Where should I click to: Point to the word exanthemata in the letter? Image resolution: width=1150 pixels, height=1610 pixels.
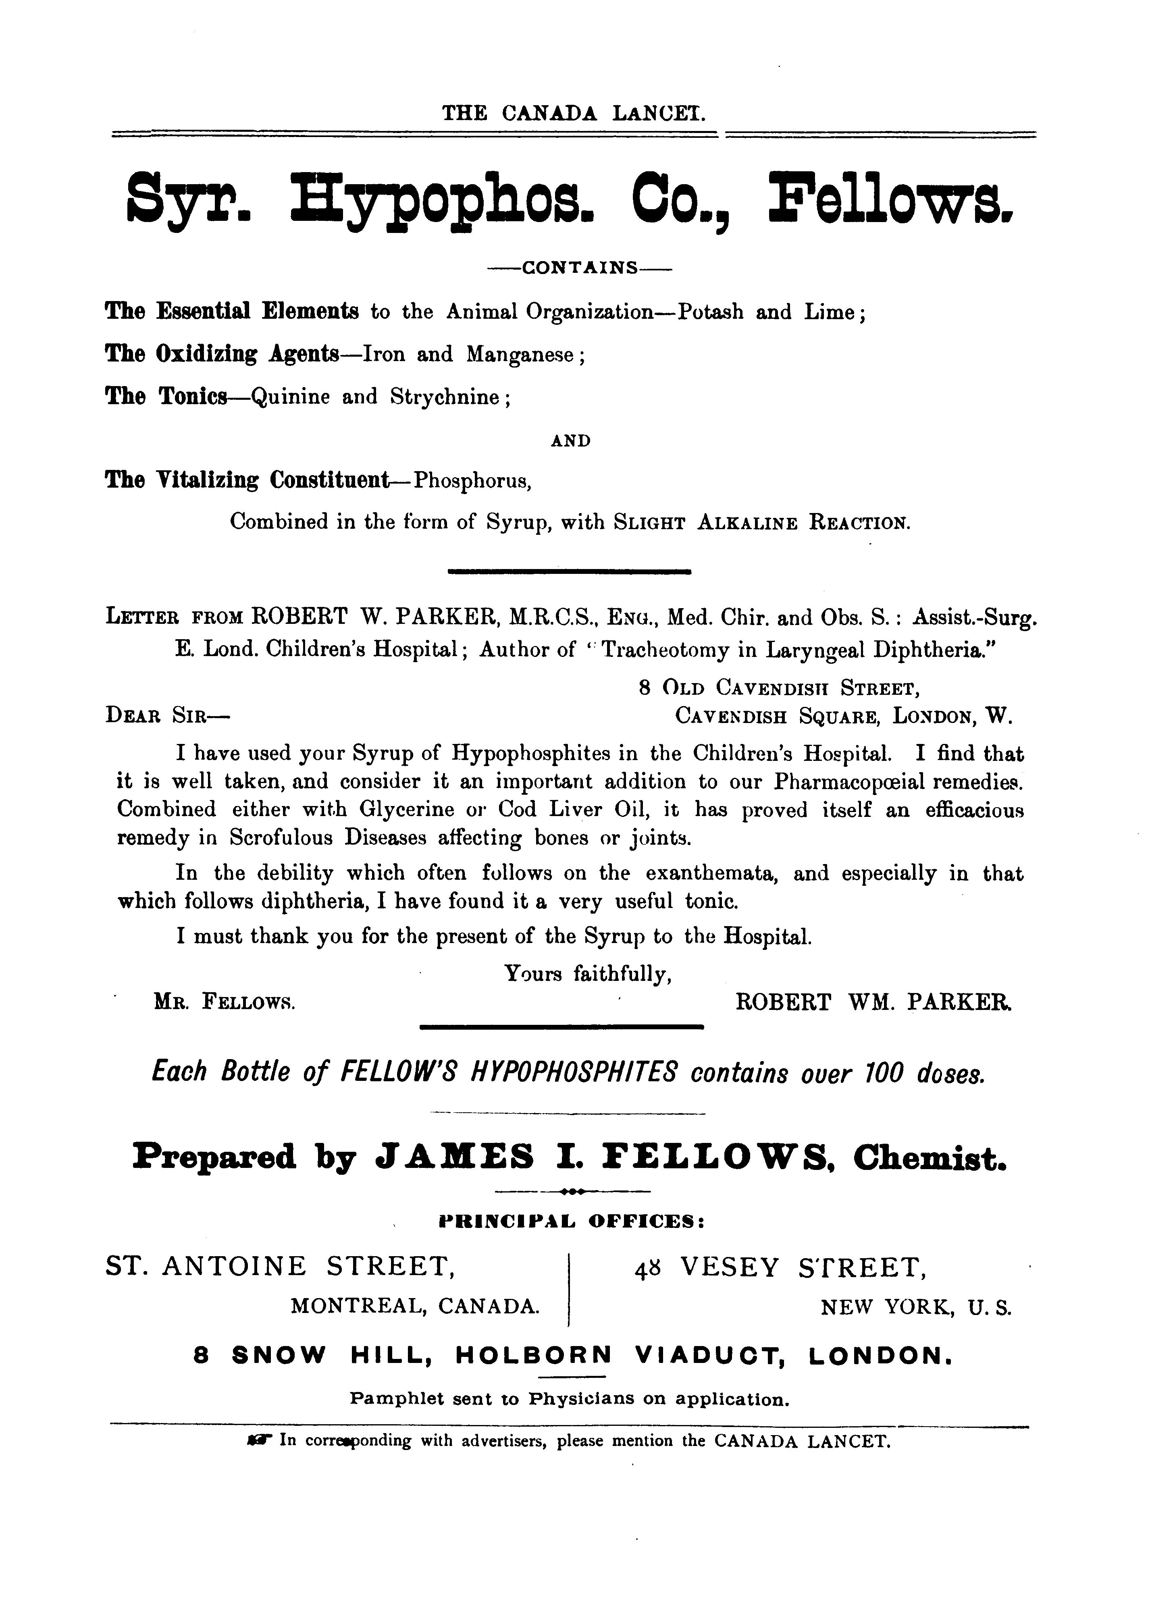[712, 874]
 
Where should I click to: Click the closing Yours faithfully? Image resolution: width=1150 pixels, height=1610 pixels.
[588, 975]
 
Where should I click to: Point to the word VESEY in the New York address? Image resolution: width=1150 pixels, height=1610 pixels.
[729, 1267]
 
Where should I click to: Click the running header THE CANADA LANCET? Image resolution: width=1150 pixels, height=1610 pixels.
[574, 113]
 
